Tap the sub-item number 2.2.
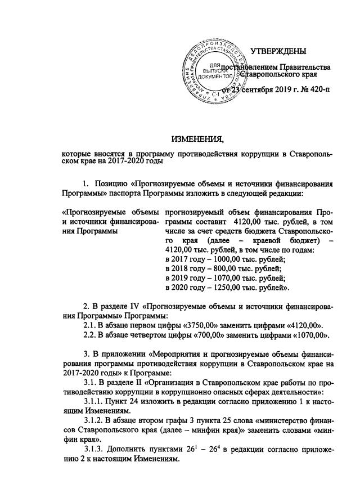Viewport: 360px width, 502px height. pyautogui.click(x=90, y=336)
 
